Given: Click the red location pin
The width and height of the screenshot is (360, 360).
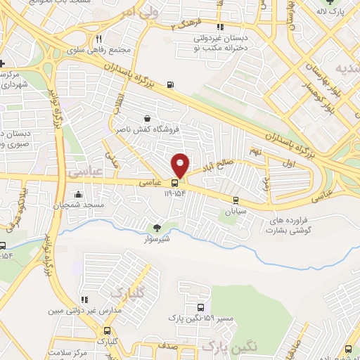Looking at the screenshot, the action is coord(180,165).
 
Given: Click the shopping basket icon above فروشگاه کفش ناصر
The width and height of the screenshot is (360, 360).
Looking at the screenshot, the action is coord(146,119).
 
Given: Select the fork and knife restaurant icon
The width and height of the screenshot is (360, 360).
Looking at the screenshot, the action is coord(99,39).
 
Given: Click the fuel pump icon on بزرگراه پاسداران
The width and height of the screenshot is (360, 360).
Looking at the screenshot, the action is coord(170,86).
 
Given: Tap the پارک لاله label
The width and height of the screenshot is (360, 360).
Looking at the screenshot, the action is coord(333,11).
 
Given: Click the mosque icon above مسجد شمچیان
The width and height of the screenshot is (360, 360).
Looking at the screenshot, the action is coord(77,194).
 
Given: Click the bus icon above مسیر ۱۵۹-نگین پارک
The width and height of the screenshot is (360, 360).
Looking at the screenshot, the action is coord(201,308).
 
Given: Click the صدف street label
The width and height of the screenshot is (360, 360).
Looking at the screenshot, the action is coord(167,347).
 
